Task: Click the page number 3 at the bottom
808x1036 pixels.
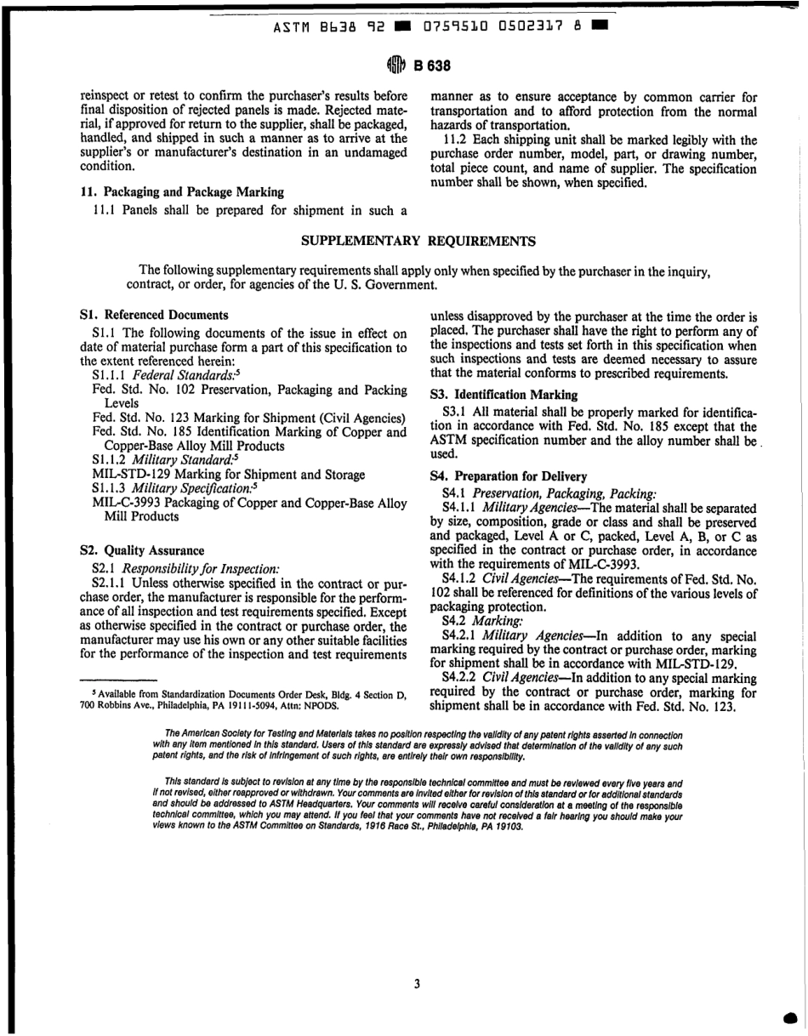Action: (x=417, y=984)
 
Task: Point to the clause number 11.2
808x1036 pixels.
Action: (x=456, y=139)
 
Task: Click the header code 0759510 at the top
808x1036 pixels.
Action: (x=453, y=26)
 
